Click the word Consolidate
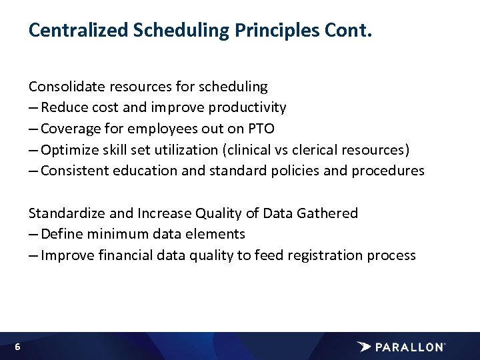click(65, 87)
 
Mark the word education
click(147, 171)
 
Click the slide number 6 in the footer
click(17, 347)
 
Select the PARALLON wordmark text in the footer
click(409, 347)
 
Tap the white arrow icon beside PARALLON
click(364, 347)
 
